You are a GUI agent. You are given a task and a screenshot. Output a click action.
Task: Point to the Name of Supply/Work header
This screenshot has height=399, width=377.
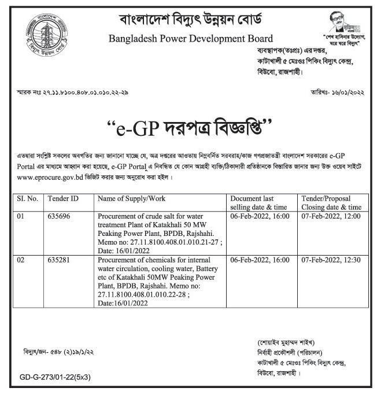[131, 198]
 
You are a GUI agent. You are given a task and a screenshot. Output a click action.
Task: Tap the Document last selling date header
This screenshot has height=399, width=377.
[260, 202]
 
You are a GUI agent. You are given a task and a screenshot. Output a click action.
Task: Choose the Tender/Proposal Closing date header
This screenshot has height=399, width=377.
[331, 202]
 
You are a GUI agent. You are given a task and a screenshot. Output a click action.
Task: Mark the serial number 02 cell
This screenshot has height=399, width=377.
[21, 260]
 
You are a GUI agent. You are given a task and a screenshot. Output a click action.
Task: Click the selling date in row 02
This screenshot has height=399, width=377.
[260, 260]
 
